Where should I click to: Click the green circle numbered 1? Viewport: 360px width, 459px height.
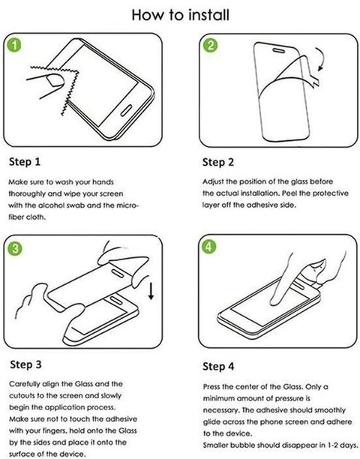click(x=14, y=45)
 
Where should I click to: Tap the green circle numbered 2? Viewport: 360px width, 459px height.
click(x=210, y=45)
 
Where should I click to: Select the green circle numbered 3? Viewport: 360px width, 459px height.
click(x=15, y=248)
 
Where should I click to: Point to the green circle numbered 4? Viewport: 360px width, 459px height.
click(x=208, y=247)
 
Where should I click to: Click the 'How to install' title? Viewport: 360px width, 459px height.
click(x=180, y=15)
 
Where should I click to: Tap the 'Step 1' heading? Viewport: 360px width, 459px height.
click(x=25, y=162)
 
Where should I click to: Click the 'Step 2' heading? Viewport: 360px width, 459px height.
click(x=218, y=162)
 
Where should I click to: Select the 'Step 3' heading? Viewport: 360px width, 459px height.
click(x=25, y=364)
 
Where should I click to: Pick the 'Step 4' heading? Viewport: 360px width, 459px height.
click(x=218, y=366)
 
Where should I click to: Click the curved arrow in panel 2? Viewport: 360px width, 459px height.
click(x=323, y=58)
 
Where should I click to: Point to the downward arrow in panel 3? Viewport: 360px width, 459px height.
click(x=151, y=291)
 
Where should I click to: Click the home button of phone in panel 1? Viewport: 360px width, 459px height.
click(x=126, y=109)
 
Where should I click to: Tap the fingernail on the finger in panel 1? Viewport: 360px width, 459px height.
click(x=55, y=80)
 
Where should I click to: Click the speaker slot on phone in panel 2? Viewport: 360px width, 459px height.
click(x=278, y=51)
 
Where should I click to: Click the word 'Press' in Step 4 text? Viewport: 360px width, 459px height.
click(x=211, y=387)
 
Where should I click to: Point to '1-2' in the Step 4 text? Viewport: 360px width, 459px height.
click(x=333, y=445)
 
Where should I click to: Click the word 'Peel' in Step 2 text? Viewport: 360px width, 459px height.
click(x=289, y=193)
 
